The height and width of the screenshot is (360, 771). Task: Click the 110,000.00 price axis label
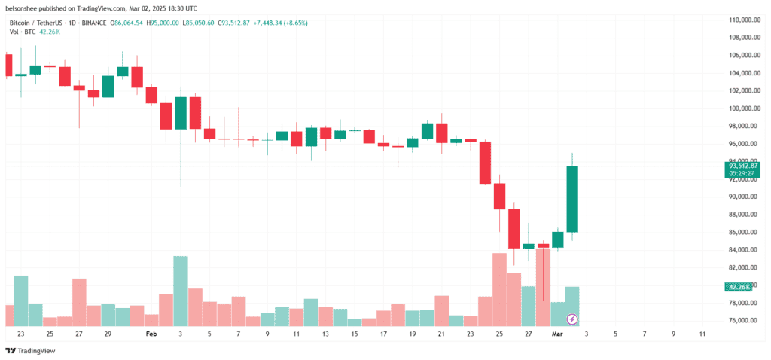pos(743,20)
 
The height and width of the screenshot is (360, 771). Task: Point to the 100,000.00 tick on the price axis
pos(743,108)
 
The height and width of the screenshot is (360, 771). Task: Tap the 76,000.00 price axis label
pos(743,321)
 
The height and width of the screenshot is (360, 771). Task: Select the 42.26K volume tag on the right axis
pos(738,287)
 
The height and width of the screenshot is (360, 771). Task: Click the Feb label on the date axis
pos(151,334)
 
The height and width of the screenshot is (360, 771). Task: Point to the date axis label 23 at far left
pos(20,334)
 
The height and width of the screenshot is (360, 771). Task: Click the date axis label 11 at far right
pos(702,334)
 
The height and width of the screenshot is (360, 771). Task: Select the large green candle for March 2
pos(572,199)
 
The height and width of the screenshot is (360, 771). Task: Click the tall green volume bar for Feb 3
pos(181,291)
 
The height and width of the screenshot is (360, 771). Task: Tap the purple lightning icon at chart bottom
pos(572,319)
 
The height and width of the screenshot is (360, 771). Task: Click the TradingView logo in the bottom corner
pos(30,351)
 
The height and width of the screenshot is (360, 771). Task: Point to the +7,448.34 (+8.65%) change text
pos(280,23)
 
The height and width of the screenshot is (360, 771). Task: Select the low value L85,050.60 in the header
pos(198,23)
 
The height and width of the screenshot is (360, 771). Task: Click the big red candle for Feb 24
pos(486,163)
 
